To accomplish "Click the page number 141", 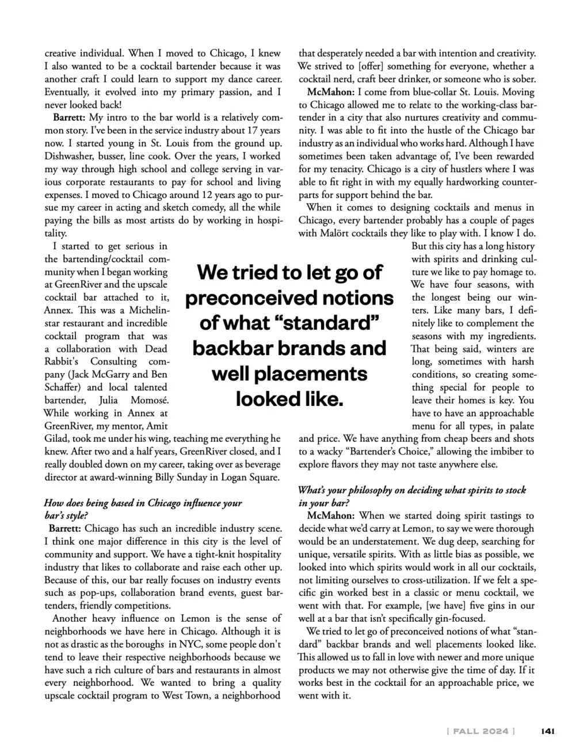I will point(547,731).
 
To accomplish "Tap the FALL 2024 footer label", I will point(481,731).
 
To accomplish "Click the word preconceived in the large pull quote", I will point(289,298).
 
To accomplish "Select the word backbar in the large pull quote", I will point(234,348).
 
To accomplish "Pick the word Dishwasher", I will point(70,156).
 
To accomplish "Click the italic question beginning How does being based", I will point(143,508).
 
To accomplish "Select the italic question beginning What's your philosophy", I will point(411,496).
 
